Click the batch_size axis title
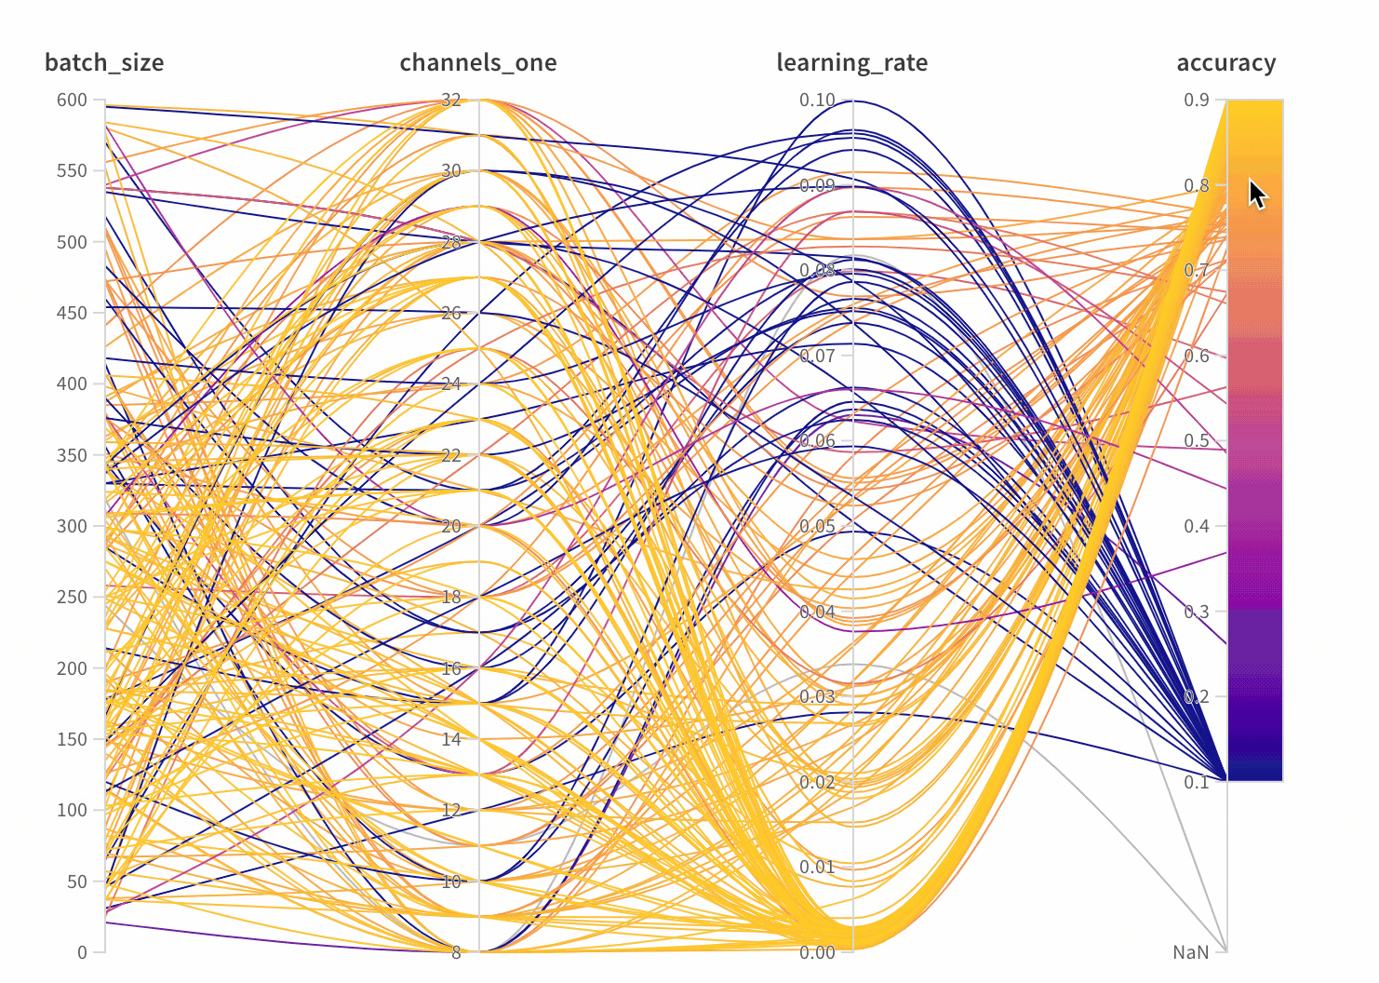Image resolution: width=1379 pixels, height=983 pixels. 104,62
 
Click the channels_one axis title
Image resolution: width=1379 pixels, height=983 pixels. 478,62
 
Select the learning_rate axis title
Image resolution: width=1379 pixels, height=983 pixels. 851,62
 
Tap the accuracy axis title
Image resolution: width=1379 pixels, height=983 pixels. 1225,62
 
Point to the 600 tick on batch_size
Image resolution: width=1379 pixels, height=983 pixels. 72,100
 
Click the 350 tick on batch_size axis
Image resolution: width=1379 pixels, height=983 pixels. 72,455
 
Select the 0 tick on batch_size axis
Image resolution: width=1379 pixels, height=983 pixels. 82,952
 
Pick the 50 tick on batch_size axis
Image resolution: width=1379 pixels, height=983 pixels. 76,882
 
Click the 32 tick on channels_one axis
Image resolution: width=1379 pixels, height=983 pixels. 451,100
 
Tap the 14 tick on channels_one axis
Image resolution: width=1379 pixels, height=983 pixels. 451,739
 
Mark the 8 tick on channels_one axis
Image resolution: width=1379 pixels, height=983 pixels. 456,952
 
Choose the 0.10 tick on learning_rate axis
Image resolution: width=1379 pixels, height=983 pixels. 817,100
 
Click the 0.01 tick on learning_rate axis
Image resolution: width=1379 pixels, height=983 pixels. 817,867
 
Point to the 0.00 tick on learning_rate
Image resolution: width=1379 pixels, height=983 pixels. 817,952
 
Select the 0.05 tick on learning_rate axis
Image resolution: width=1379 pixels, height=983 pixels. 817,526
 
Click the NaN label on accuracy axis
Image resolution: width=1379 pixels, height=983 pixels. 1190,952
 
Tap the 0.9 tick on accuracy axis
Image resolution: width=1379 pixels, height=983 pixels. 1197,100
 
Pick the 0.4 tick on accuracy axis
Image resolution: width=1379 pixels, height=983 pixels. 1197,526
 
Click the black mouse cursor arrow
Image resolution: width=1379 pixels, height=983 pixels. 1257,195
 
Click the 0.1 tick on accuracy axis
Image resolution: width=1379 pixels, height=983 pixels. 1197,782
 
